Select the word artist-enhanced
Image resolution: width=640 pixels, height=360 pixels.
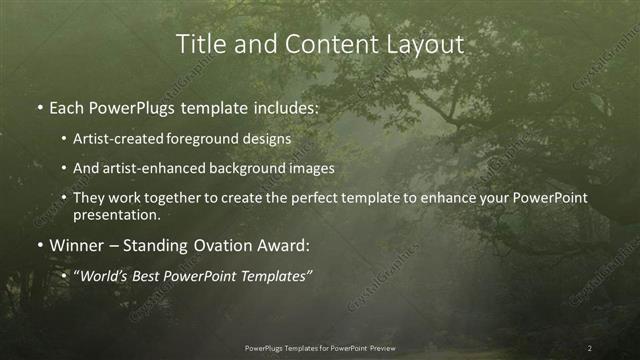(x=149, y=168)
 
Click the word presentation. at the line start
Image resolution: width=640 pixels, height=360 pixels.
(x=117, y=214)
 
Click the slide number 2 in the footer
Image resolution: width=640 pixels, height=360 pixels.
(x=590, y=347)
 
